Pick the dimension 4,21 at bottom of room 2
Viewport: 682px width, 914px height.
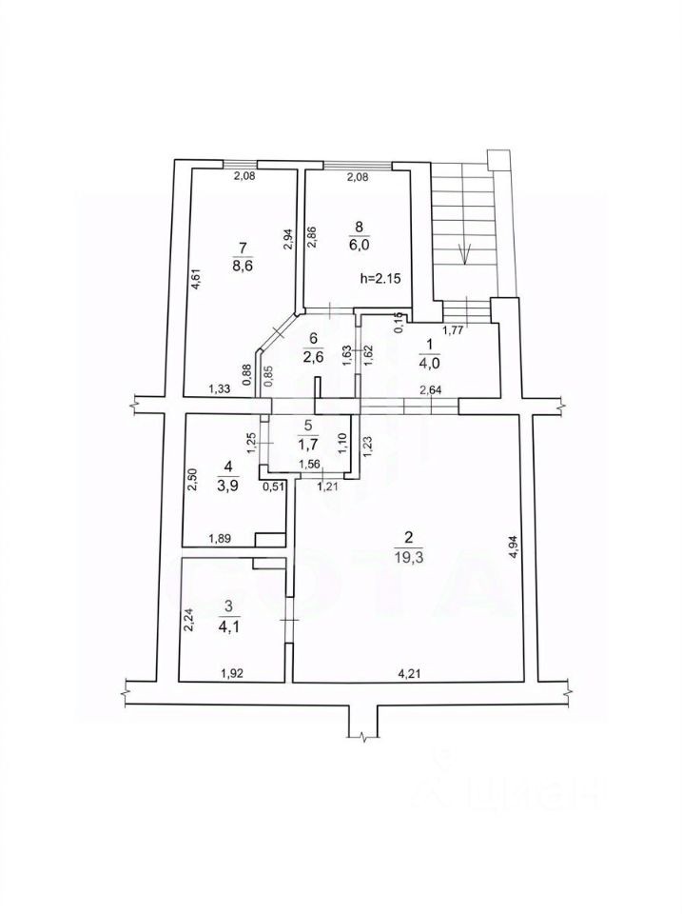pyautogui.click(x=410, y=674)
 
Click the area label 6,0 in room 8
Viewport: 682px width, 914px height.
pyautogui.click(x=359, y=244)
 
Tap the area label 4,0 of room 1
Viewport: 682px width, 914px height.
pyautogui.click(x=428, y=361)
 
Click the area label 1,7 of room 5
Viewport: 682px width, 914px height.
pyautogui.click(x=306, y=443)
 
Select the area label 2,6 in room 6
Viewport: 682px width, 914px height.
pyautogui.click(x=314, y=356)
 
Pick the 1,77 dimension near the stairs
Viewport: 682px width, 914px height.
pyautogui.click(x=453, y=331)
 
